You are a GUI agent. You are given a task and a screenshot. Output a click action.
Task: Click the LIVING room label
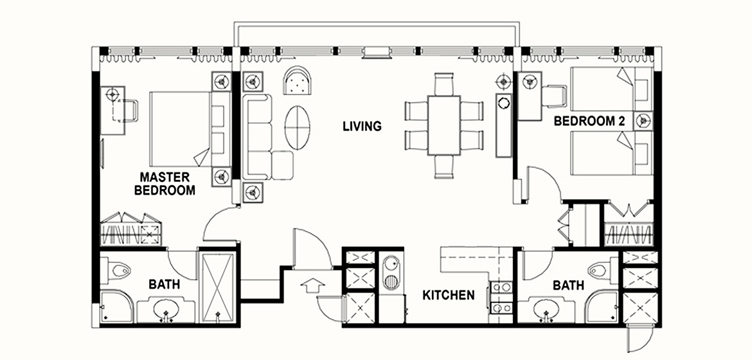[x=362, y=126]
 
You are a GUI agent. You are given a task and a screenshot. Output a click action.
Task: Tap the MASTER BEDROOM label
[x=165, y=183]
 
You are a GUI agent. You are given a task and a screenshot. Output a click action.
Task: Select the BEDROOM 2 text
[x=589, y=122]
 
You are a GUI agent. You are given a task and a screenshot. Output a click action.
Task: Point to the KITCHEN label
[x=449, y=294]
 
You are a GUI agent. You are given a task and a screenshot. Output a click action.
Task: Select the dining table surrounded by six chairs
[x=444, y=125]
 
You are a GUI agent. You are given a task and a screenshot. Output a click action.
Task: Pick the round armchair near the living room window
[x=298, y=80]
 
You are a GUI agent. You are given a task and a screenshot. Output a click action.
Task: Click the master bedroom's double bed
[x=181, y=128]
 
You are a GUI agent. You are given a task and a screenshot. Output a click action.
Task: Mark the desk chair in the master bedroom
[x=129, y=111]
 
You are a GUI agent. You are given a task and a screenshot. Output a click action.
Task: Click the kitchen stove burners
[x=501, y=297]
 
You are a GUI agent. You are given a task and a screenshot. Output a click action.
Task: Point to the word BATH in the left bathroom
[x=164, y=285]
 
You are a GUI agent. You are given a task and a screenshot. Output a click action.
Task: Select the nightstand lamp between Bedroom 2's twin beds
[x=643, y=122]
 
